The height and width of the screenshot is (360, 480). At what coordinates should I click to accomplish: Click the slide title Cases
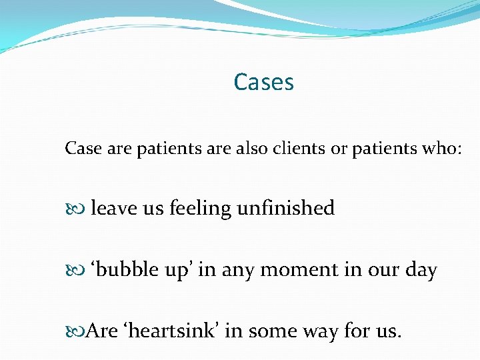pyautogui.click(x=263, y=83)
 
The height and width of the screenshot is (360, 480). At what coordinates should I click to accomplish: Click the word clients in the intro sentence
pyautogui.click(x=295, y=149)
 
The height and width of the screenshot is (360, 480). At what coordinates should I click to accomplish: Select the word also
pyautogui.click(x=251, y=149)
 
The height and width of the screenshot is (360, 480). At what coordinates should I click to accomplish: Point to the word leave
pyautogui.click(x=113, y=209)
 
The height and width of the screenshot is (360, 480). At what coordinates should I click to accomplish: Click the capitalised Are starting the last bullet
pyautogui.click(x=102, y=331)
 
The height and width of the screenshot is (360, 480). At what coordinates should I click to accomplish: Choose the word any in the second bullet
pyautogui.click(x=239, y=271)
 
